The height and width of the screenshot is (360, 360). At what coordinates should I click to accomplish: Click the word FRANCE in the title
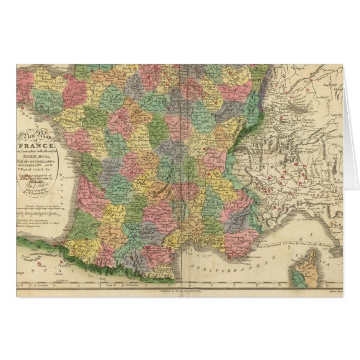[40, 147]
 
